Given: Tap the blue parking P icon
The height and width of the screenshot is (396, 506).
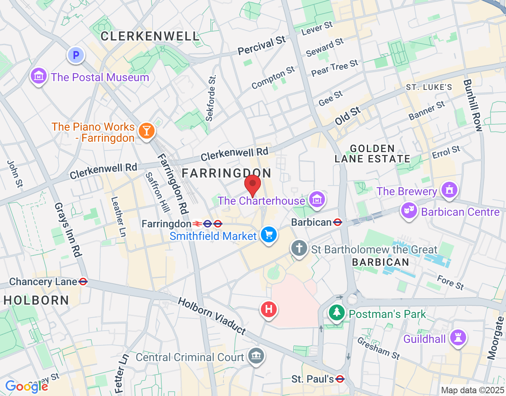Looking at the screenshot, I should (x=76, y=55).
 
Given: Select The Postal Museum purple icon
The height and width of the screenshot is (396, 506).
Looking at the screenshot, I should (x=39, y=76).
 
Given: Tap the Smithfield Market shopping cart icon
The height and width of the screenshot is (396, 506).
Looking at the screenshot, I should (x=269, y=234).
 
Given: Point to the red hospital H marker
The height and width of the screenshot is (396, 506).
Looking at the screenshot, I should (x=269, y=308).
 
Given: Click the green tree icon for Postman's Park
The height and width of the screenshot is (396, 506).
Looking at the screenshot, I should (x=336, y=312).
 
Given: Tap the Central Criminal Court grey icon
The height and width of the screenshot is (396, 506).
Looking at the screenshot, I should (x=256, y=355).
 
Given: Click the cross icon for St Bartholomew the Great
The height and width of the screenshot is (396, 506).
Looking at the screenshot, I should (x=299, y=248).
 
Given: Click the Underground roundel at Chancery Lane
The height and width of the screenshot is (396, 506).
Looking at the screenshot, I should (x=83, y=282).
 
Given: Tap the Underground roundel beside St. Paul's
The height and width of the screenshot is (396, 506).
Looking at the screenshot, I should (x=340, y=379).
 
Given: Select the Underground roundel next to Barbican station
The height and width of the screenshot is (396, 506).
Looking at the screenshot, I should (x=338, y=222).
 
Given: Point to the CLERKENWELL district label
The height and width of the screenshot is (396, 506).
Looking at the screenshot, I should (x=150, y=36).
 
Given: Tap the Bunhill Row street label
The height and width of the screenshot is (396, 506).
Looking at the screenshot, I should (x=473, y=105).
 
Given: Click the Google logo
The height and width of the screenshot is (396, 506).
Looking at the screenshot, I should (x=27, y=386).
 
